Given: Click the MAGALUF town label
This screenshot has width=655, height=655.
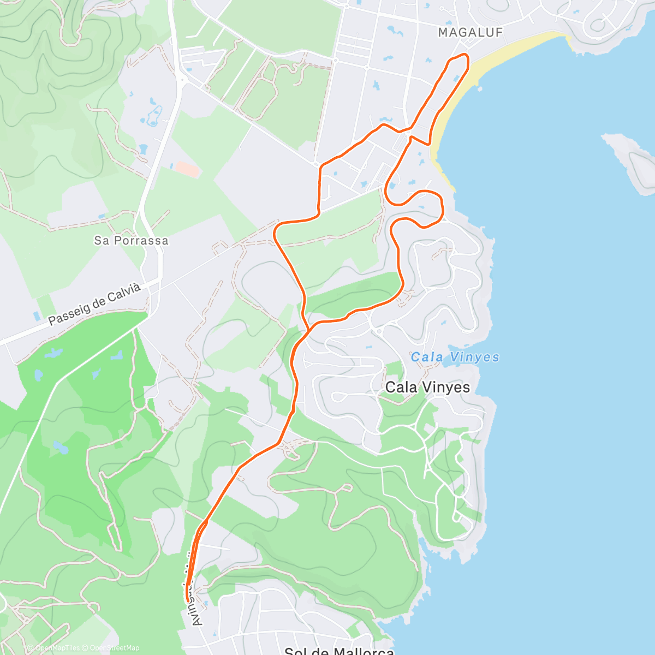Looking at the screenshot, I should (x=470, y=33).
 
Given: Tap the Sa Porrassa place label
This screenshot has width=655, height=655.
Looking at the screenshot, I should (x=131, y=241).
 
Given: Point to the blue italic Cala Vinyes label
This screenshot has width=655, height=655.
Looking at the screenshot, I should (x=455, y=358).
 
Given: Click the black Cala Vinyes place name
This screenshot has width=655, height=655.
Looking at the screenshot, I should (x=427, y=388).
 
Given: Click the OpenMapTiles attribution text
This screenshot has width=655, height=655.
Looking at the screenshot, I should (x=57, y=648).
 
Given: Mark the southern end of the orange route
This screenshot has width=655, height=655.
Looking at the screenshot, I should (x=188, y=600).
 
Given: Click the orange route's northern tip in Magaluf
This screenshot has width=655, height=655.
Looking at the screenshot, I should (x=466, y=55).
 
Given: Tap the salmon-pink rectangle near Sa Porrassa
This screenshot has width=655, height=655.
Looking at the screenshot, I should (x=187, y=169).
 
